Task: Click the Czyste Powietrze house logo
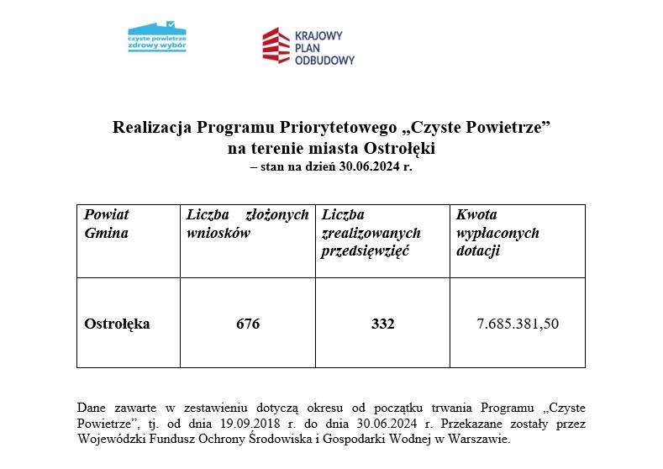(157, 37)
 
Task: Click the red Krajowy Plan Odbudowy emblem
(276, 45)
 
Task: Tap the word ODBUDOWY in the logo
(324, 61)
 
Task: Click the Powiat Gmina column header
(107, 224)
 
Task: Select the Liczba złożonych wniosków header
(247, 224)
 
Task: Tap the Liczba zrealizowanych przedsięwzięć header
(371, 233)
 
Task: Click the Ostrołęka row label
(117, 324)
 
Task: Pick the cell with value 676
(248, 324)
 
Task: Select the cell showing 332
(382, 324)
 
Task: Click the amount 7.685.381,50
(518, 324)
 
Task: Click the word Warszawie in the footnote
(481, 439)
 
